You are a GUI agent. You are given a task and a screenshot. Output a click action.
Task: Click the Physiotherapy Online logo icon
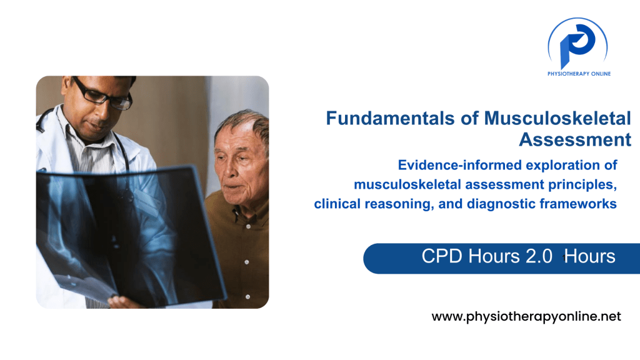click(577, 44)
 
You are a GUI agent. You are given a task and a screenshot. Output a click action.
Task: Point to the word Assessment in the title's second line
click(574, 139)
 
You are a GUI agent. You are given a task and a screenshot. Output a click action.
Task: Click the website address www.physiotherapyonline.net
click(526, 316)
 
